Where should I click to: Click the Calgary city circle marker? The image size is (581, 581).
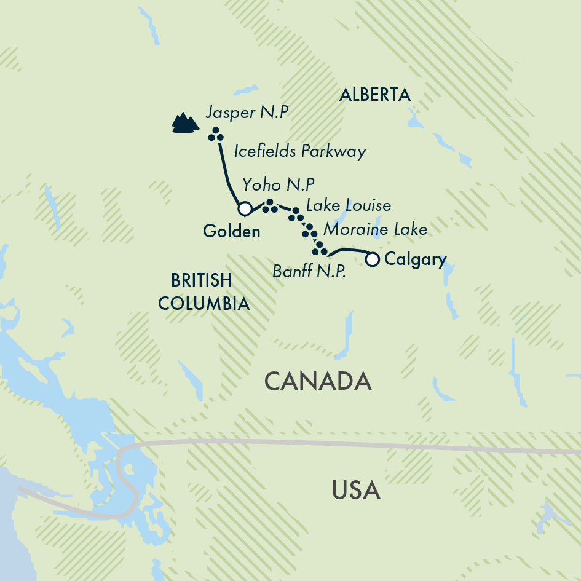pos(372,259)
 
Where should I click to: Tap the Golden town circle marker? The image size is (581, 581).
pos(245,209)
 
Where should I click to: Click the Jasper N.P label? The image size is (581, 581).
pos(247,113)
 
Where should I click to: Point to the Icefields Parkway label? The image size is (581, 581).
pos(300,151)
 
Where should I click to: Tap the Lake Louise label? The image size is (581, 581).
pos(348,205)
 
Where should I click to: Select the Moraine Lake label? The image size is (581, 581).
pos(375,230)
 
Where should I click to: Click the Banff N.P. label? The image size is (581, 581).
pos(309,270)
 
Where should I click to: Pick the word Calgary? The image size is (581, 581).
pos(415,259)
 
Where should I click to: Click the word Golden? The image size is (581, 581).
pos(231,231)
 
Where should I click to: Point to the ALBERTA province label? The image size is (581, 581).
pos(374,95)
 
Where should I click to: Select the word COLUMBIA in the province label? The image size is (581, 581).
pos(204,303)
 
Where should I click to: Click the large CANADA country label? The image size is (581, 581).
pos(318,381)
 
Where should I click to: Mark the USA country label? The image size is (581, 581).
pos(356,491)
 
